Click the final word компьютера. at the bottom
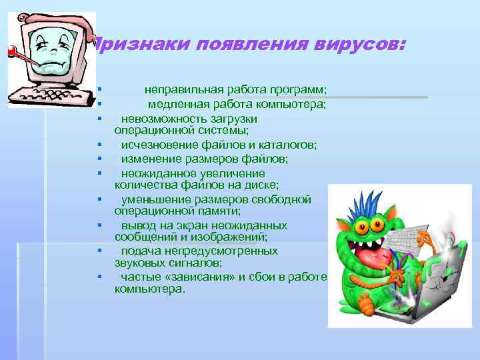coord(151,289)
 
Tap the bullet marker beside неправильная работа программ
coord(98,90)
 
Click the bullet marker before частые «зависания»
coord(98,277)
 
